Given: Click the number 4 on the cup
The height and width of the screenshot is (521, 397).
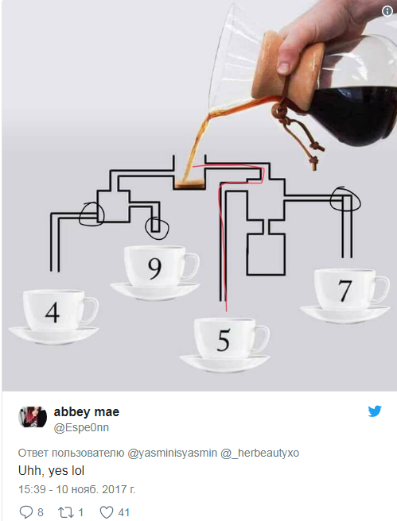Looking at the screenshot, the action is (x=53, y=312).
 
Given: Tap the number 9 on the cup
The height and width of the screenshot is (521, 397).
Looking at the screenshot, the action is (x=154, y=268).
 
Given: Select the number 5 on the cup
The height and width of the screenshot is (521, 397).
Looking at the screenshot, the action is (x=224, y=340).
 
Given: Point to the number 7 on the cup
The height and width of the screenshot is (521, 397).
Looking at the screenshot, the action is (x=344, y=291).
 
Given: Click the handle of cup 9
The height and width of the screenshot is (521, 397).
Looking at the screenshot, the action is (x=194, y=266).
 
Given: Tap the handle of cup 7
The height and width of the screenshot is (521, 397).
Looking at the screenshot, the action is (x=383, y=289).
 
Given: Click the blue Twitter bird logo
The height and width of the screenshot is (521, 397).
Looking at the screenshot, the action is (x=375, y=411).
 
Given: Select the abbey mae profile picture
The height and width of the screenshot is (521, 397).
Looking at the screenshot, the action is (x=33, y=417).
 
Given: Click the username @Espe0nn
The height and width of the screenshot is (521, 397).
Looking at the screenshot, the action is (x=81, y=427).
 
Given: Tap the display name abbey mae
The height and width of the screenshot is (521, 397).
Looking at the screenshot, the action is (x=87, y=412).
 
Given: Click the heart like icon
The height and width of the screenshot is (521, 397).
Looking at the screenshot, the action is (x=107, y=512).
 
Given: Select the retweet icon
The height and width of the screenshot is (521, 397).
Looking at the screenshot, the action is (x=66, y=512).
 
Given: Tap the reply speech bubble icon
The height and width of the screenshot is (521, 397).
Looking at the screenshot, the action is (x=26, y=512).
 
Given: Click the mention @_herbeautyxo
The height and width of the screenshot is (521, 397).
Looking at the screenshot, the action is (x=259, y=453).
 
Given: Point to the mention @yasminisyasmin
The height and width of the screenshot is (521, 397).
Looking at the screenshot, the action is (x=173, y=453).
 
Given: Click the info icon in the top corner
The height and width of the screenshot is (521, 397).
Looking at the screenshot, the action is (x=387, y=11).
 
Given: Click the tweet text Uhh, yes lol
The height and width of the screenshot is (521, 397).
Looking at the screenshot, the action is (x=51, y=471).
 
